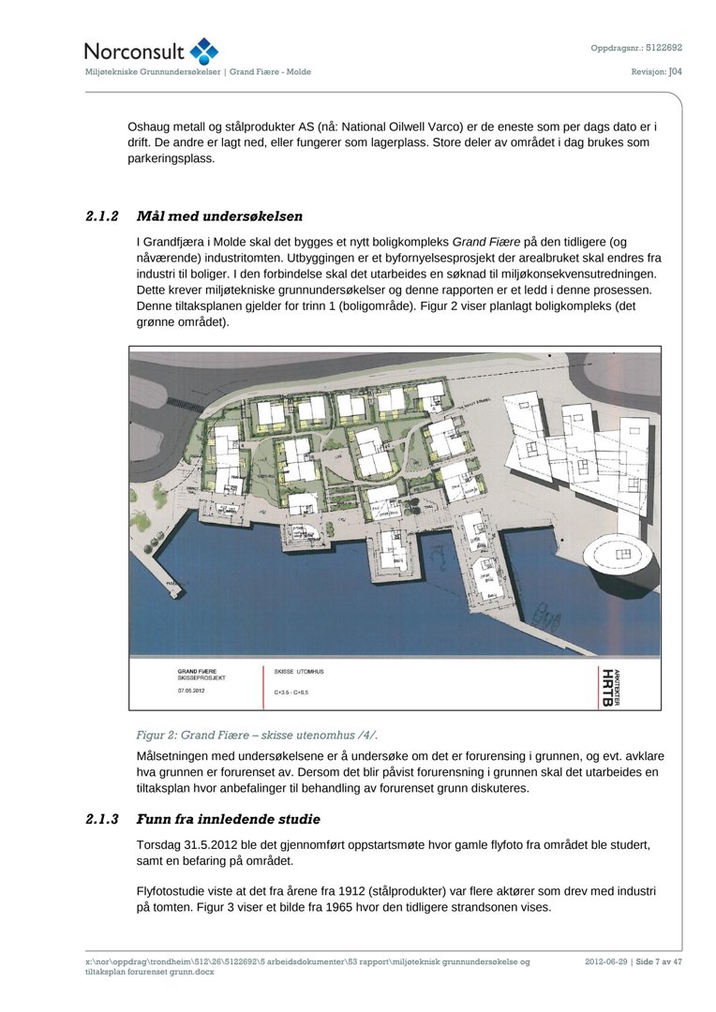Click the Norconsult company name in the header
[135, 52]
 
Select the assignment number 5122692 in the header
[664, 47]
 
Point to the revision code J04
[675, 71]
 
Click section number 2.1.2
[101, 216]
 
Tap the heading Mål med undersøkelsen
[219, 216]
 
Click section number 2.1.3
[101, 819]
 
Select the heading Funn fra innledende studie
[229, 819]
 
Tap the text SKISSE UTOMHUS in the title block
[298, 672]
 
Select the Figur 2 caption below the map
[257, 736]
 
